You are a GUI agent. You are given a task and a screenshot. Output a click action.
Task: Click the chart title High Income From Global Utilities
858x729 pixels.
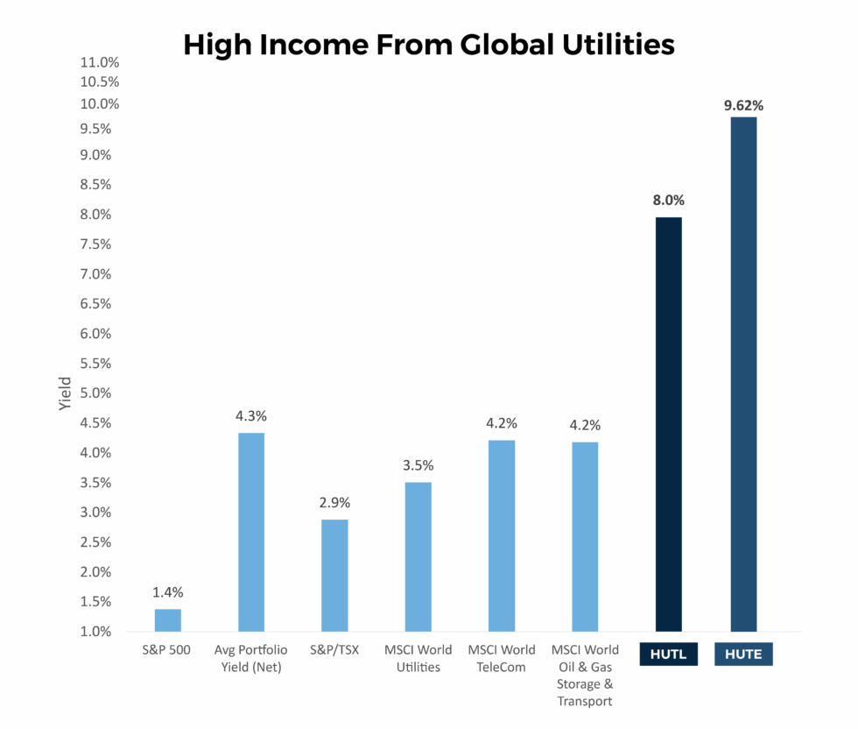click(429, 45)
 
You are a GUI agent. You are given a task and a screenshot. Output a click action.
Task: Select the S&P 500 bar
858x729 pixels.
click(168, 620)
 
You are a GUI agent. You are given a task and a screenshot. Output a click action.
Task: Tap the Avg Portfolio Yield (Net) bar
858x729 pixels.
click(251, 532)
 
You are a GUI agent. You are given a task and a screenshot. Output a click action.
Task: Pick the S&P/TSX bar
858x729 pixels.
click(334, 575)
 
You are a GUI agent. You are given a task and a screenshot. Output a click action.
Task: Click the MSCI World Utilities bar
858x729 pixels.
click(418, 556)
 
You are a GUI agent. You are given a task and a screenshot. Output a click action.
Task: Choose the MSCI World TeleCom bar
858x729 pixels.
click(502, 535)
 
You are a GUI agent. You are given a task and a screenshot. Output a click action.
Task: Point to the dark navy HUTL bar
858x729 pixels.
click(669, 424)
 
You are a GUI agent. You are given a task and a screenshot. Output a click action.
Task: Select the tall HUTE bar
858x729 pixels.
click(743, 374)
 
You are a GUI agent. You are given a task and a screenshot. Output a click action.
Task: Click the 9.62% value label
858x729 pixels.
click(743, 106)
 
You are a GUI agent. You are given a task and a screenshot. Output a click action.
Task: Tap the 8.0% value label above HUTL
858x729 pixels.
click(669, 200)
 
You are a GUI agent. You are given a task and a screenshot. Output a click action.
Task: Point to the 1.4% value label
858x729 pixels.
click(168, 592)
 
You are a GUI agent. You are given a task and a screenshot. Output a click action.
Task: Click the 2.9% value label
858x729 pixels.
click(334, 503)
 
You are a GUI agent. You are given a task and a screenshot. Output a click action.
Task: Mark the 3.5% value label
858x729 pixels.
click(418, 465)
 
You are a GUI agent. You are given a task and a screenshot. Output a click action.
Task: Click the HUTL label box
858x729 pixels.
click(669, 655)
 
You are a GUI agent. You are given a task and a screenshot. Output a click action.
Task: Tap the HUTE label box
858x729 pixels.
click(743, 655)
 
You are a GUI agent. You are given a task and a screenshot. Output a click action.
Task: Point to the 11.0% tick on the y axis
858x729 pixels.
click(99, 62)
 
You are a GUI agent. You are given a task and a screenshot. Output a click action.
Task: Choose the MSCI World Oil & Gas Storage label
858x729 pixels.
click(585, 676)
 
